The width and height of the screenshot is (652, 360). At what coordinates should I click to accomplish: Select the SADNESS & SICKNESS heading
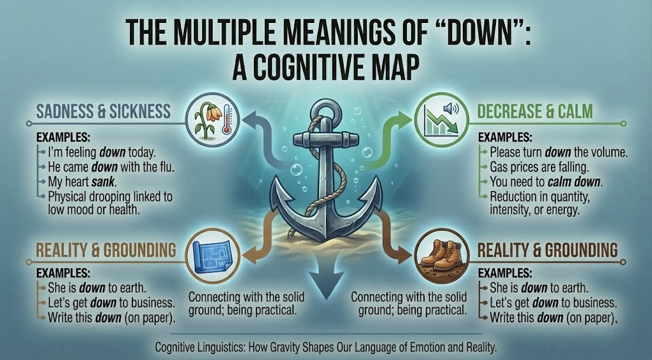pyautogui.click(x=104, y=112)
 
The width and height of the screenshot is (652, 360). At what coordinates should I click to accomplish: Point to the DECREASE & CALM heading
pyautogui.click(x=535, y=112)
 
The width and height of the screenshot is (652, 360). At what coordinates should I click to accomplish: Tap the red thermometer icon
pyautogui.click(x=227, y=119)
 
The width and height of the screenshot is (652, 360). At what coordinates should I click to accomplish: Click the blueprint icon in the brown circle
pyautogui.click(x=213, y=255)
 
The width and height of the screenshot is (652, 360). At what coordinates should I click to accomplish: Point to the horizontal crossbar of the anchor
pyautogui.click(x=326, y=139)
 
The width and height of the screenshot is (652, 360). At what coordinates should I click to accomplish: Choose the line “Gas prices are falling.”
pyautogui.click(x=539, y=168)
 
